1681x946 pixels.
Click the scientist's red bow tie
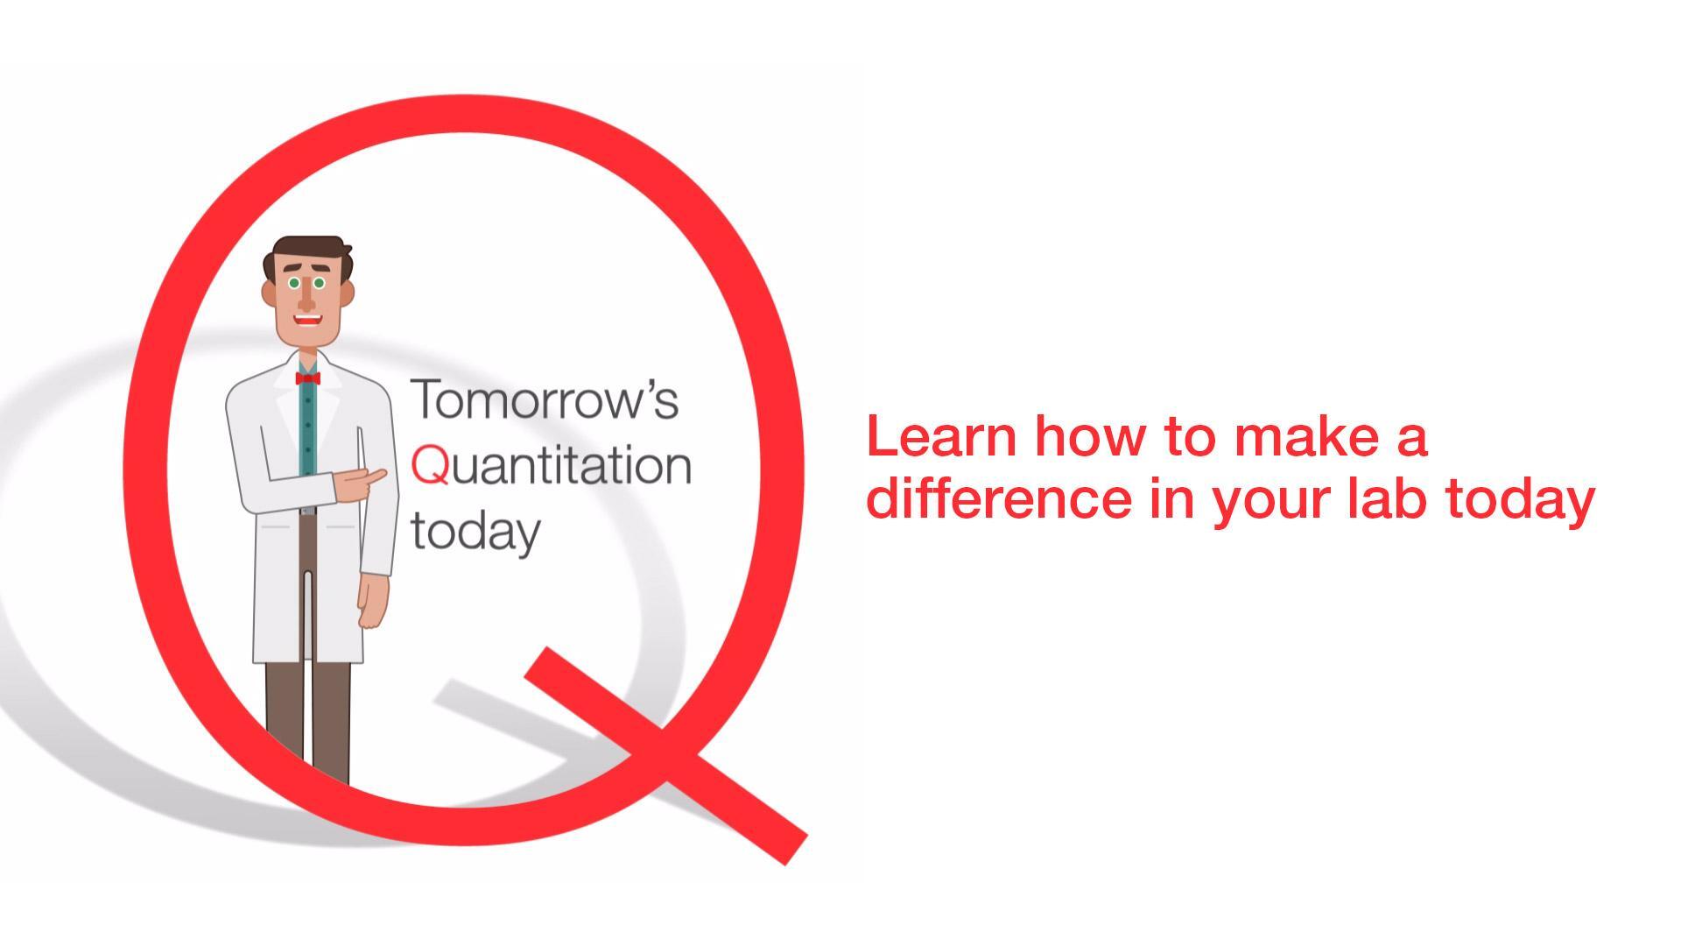307,378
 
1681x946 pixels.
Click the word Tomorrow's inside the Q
545,399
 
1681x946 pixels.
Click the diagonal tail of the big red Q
665,755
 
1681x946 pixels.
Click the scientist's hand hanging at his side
373,600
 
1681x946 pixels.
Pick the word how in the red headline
1089,436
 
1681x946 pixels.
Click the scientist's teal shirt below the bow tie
307,429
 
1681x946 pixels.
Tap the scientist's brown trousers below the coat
308,718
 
